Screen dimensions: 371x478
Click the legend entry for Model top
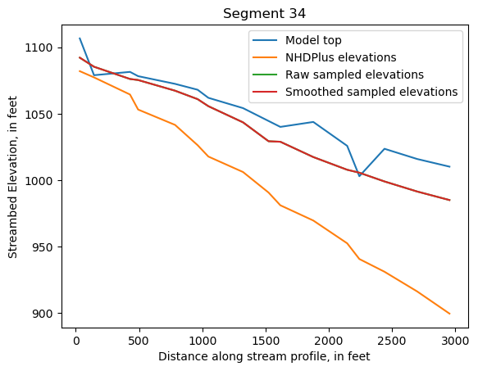pyautogui.click(x=313, y=40)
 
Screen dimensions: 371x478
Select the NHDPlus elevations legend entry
pyautogui.click(x=340, y=57)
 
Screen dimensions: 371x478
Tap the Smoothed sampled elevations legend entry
pyautogui.click(x=371, y=92)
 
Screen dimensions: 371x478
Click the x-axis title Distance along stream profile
pyautogui.click(x=264, y=356)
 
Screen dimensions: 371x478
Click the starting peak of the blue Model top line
pyautogui.click(x=80, y=38)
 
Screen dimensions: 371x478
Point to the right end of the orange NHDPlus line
pyautogui.click(x=449, y=314)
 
